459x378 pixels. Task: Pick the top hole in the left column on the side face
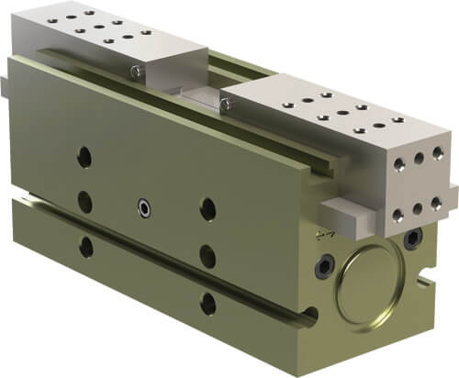[84, 157]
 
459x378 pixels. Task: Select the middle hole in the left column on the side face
[85, 201]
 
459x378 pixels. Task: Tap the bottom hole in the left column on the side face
[86, 246]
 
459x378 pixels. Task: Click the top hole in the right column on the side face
[207, 209]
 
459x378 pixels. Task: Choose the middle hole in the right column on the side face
[208, 254]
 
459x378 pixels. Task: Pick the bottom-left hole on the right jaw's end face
[397, 215]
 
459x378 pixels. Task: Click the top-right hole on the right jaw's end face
[439, 152]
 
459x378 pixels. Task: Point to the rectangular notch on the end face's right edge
[427, 272]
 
